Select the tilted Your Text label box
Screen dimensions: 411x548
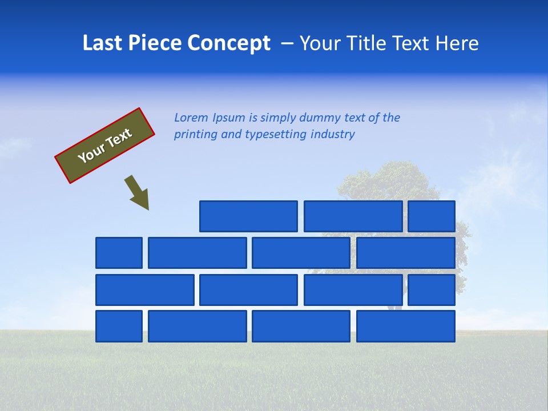(105, 146)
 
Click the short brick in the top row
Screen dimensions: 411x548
(432, 216)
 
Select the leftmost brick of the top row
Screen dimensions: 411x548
(248, 216)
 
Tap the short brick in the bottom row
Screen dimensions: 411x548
(119, 326)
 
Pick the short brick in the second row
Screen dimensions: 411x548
(119, 253)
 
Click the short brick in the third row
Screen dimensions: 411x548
(432, 290)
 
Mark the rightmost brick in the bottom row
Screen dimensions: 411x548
(406, 326)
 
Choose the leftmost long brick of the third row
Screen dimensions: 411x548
(145, 290)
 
